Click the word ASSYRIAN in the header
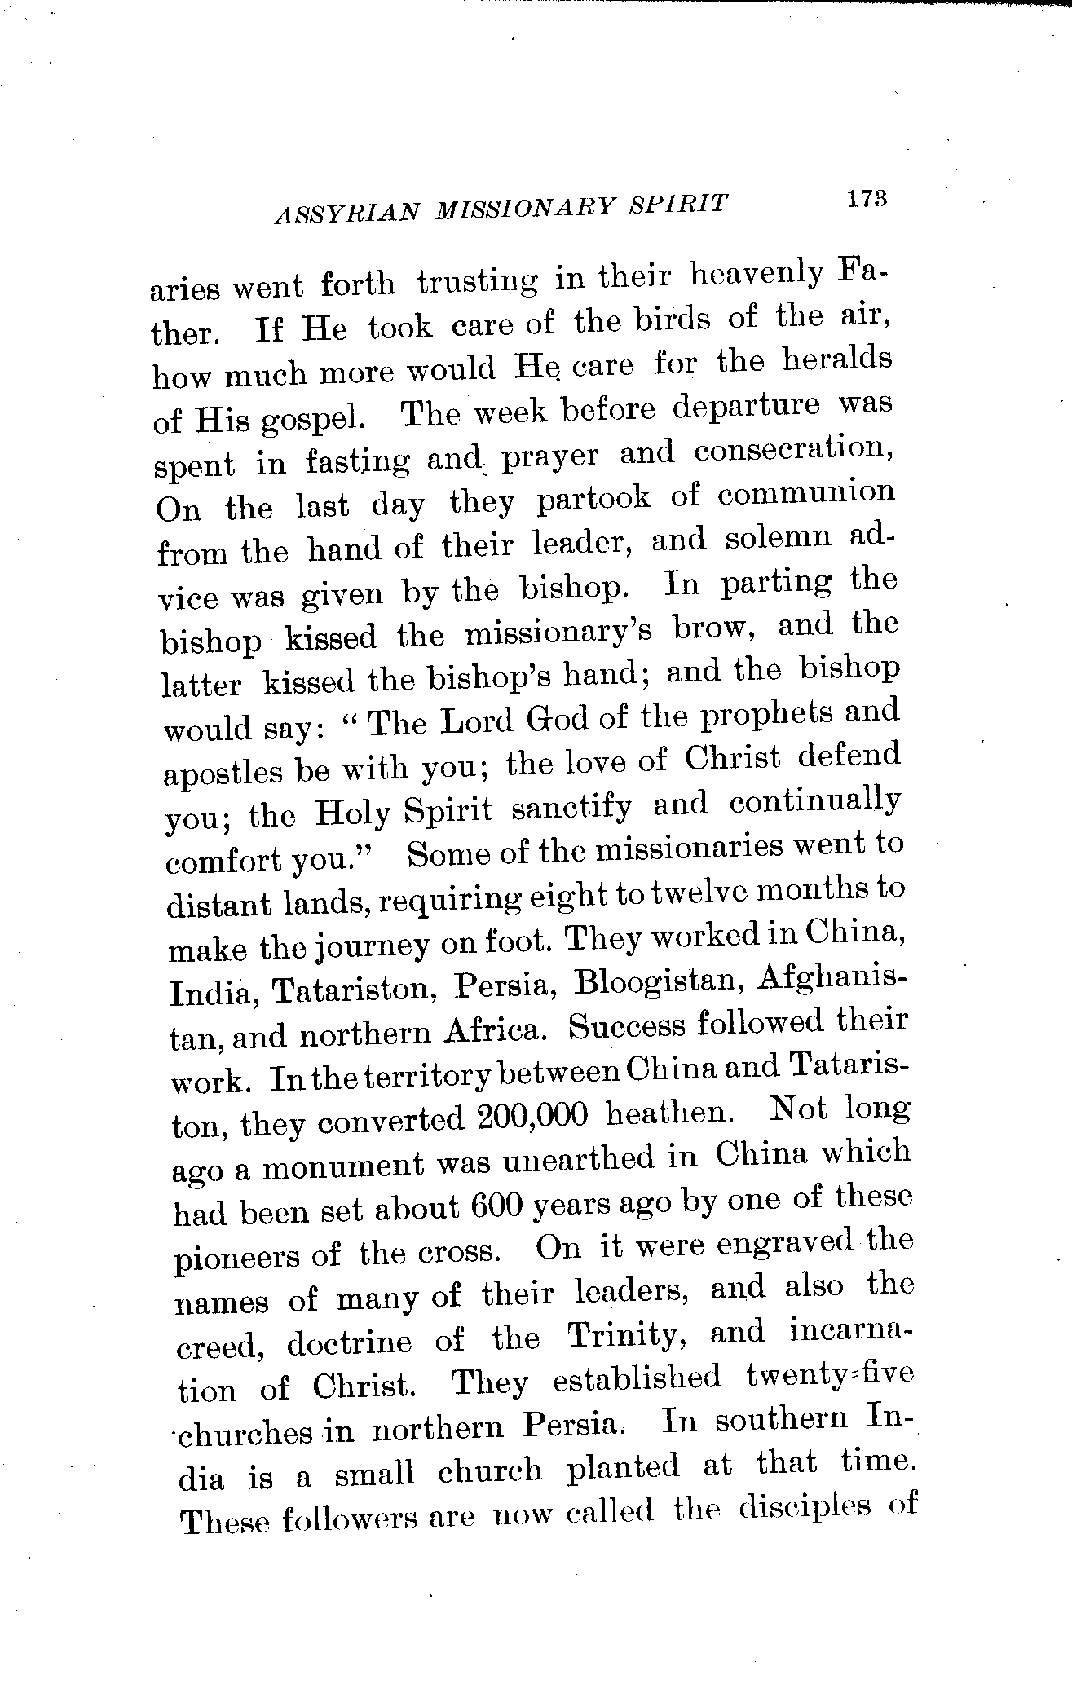pos(347,214)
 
